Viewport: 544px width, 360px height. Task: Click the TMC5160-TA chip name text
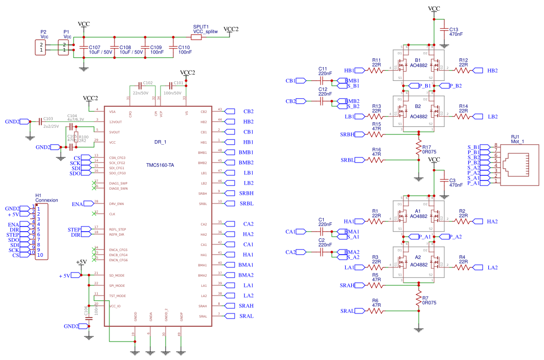161,165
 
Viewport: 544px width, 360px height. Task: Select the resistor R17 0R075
419,148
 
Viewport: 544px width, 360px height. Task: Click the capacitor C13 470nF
445,30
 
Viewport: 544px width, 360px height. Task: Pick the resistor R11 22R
376,71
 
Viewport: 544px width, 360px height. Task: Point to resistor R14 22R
463,117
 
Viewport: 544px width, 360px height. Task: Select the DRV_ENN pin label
117,204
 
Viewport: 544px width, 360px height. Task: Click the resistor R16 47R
376,160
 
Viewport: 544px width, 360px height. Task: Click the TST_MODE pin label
118,296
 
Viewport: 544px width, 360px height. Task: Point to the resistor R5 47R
376,285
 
